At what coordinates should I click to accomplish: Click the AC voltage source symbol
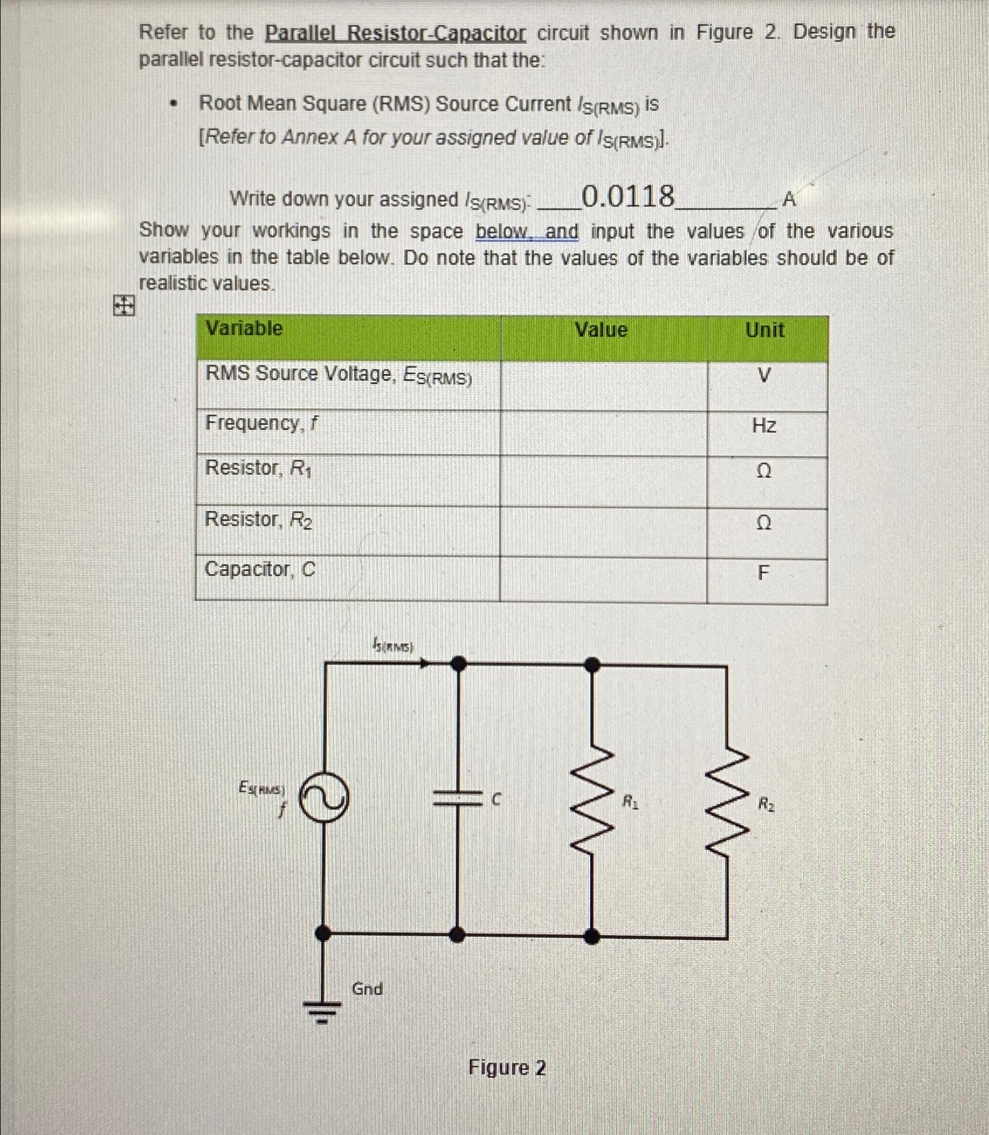(324, 797)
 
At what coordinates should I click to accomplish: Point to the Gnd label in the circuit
(367, 989)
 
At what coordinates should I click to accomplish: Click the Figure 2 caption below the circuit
(506, 1068)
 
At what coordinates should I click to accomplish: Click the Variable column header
(244, 329)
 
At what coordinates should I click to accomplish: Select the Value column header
(601, 330)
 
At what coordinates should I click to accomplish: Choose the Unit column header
(764, 330)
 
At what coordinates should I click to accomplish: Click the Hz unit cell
(764, 425)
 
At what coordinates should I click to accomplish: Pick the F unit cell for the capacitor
(763, 572)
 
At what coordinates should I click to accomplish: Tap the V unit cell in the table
(764, 375)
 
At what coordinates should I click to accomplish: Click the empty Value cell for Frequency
(603, 433)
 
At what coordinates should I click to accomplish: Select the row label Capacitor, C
(260, 569)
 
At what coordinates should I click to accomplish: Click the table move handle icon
(123, 305)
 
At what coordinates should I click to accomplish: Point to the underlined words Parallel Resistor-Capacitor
(395, 33)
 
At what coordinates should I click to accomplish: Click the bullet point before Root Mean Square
(172, 105)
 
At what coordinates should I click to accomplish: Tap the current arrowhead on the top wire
(425, 663)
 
